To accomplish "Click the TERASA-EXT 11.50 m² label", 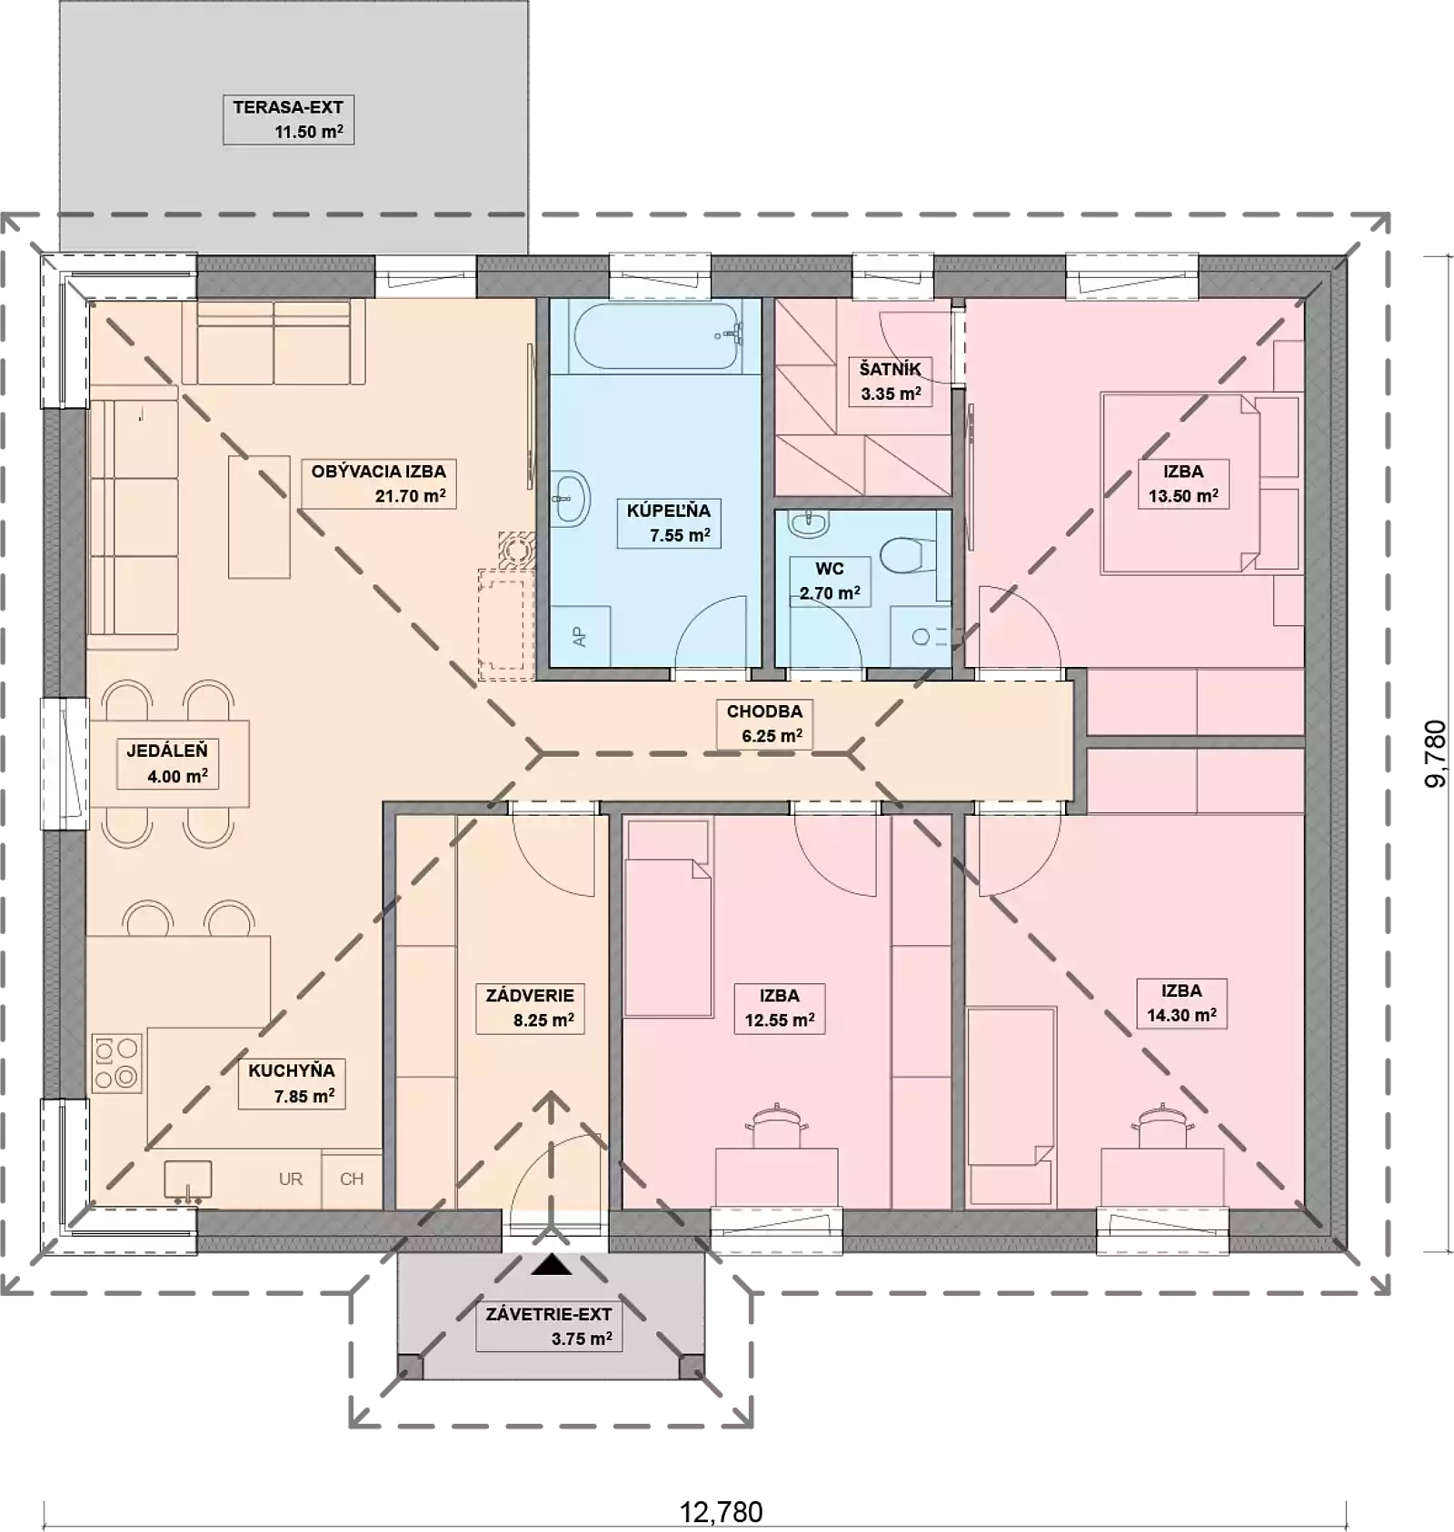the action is [x=288, y=119].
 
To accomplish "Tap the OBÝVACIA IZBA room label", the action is [x=378, y=483].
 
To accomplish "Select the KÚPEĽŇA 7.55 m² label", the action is [x=669, y=522].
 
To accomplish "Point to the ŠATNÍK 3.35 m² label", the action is [x=891, y=382].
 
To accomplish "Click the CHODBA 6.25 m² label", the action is [x=764, y=724].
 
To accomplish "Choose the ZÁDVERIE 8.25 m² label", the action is [x=530, y=1008].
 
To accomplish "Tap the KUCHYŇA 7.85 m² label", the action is [x=292, y=1083].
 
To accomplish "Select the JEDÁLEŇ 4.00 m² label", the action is [x=167, y=763].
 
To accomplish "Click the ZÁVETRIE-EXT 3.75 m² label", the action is [x=549, y=1326].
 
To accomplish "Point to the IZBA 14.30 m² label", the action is [x=1181, y=1003].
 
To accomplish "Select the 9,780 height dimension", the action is [x=1435, y=753].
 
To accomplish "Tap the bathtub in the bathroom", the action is [x=656, y=336].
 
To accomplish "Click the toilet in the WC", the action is [x=907, y=554].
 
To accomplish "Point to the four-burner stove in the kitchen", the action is [x=116, y=1063].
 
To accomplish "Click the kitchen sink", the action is [x=188, y=1182].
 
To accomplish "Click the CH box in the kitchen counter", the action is [x=352, y=1179].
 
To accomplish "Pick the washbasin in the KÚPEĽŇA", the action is [x=570, y=498].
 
